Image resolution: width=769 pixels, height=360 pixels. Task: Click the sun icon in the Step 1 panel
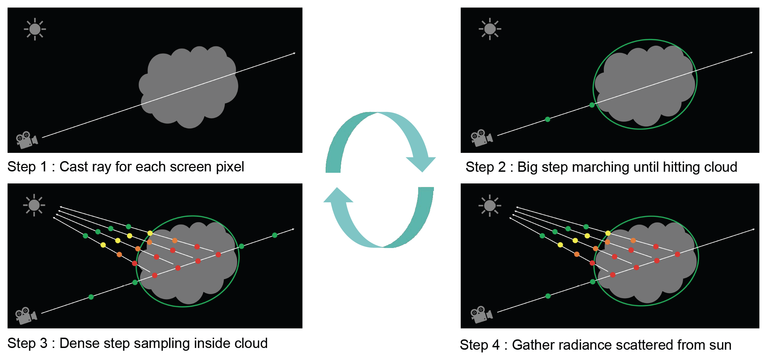click(35, 29)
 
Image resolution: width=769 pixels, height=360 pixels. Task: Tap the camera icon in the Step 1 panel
click(26, 140)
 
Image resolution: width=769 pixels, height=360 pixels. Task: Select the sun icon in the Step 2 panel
click(490, 29)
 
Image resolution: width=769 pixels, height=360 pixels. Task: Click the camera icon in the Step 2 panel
click(481, 138)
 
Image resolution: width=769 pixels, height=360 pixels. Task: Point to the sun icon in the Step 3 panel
click(34, 205)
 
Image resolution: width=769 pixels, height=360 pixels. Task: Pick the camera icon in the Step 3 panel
click(26, 316)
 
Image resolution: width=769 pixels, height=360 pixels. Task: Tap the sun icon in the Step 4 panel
click(490, 205)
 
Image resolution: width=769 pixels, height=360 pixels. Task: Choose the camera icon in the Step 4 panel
click(481, 314)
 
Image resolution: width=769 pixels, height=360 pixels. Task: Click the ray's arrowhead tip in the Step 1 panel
click(295, 53)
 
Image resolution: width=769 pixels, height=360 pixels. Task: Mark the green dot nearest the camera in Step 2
click(548, 120)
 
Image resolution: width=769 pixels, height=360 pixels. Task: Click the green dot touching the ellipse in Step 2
click(592, 105)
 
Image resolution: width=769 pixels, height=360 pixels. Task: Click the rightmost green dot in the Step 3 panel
click(275, 235)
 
